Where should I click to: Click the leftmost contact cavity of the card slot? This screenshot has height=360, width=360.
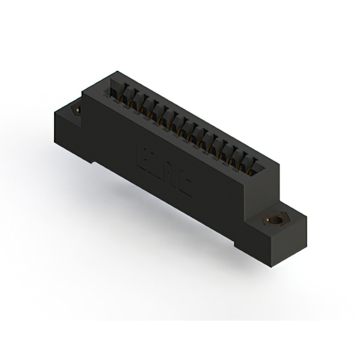coord(115,90)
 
